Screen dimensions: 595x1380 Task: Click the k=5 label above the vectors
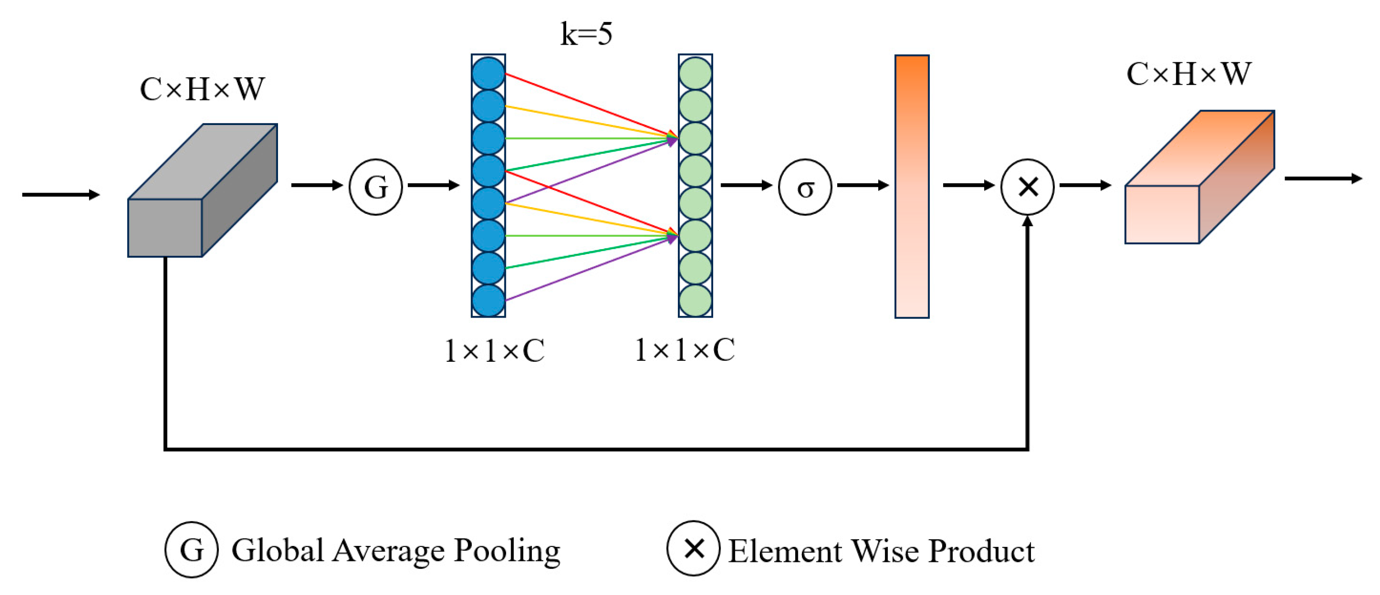click(x=586, y=34)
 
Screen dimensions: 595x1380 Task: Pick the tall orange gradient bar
click(x=912, y=186)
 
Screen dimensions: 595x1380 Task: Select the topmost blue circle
click(x=488, y=73)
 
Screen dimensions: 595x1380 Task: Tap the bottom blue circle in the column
click(x=488, y=300)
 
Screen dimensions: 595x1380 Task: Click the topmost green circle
click(x=696, y=73)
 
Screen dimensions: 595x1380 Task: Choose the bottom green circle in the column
click(x=696, y=300)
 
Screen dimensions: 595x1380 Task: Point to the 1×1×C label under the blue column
click(x=494, y=352)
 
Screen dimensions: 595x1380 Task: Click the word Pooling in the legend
click(x=507, y=551)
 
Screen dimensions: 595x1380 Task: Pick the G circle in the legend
click(x=191, y=550)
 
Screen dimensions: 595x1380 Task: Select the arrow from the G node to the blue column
click(x=433, y=186)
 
